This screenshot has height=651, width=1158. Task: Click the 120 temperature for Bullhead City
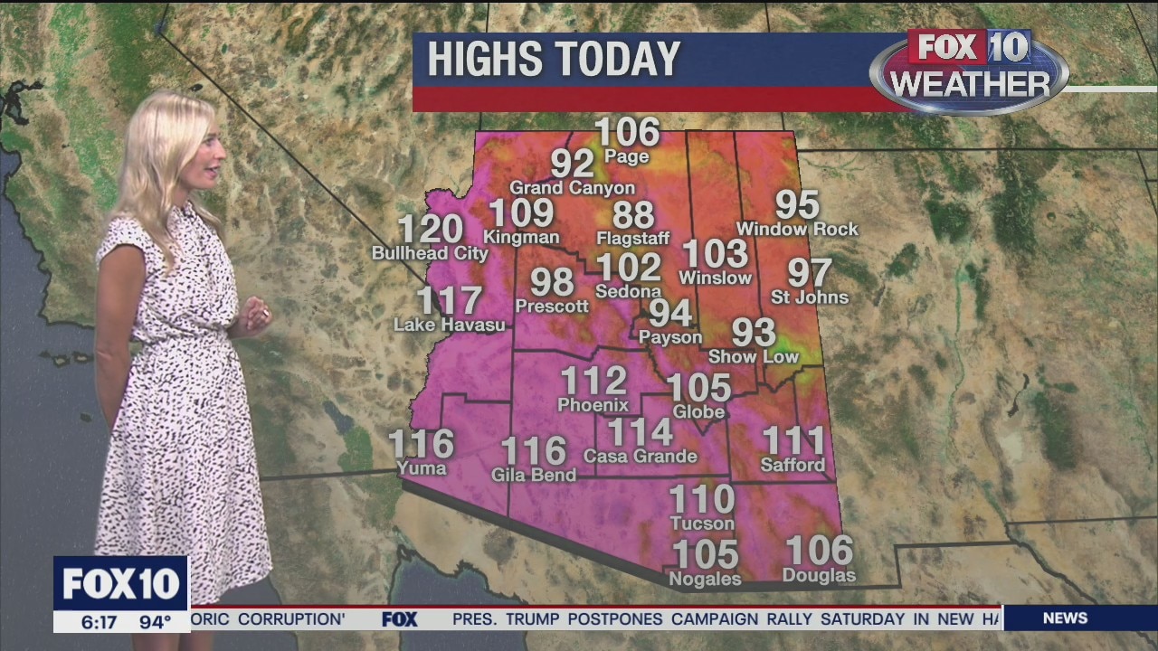click(430, 230)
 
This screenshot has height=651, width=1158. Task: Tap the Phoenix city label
click(593, 405)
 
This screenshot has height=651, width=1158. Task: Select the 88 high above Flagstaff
click(632, 216)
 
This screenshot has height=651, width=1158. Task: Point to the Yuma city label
click(422, 468)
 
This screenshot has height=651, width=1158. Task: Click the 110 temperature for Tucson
click(701, 499)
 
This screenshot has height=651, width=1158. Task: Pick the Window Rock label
click(797, 230)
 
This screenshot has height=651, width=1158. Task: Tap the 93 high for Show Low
click(753, 333)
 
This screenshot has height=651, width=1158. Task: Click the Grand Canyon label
click(572, 188)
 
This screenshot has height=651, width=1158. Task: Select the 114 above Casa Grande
click(640, 432)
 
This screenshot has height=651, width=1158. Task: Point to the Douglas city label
click(819, 576)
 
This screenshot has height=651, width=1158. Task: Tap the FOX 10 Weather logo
click(969, 71)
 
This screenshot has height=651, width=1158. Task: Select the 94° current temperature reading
click(154, 622)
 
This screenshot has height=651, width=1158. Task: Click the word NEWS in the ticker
click(1065, 618)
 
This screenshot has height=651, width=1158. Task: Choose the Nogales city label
click(704, 580)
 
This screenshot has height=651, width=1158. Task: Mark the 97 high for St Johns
click(809, 273)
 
